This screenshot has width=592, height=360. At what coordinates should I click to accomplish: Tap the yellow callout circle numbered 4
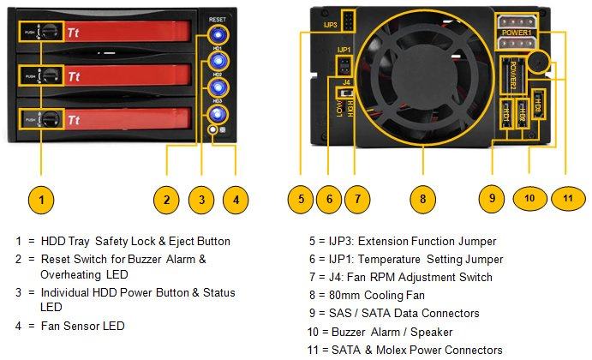pyautogui.click(x=236, y=200)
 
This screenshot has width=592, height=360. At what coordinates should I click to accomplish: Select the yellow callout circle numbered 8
pyautogui.click(x=422, y=200)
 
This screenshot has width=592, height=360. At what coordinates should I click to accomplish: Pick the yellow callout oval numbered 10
pyautogui.click(x=529, y=199)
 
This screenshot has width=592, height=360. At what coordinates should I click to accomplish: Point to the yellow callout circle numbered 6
pyautogui.click(x=329, y=200)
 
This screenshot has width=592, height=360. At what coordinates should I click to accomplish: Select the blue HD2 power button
pyautogui.click(x=217, y=87)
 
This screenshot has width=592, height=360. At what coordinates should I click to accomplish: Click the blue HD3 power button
pyautogui.click(x=217, y=113)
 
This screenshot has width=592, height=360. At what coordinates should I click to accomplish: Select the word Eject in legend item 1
pyautogui.click(x=182, y=241)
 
